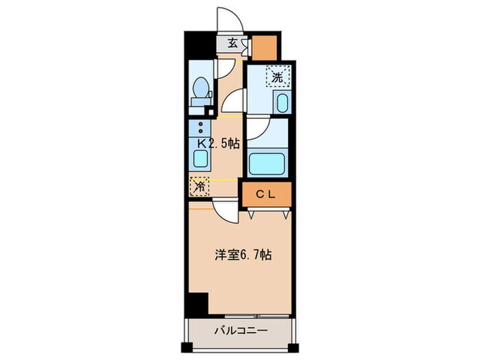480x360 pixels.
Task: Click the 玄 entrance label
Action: pyautogui.click(x=233, y=43)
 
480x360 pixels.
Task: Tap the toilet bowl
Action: pyautogui.click(x=202, y=88)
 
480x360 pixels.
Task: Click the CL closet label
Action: pyautogui.click(x=266, y=195)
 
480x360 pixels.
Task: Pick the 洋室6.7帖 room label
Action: pyautogui.click(x=243, y=254)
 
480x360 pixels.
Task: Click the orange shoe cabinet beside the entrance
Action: pyautogui.click(x=265, y=47)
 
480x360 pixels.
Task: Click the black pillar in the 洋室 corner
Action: pyautogui.click(x=197, y=302)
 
